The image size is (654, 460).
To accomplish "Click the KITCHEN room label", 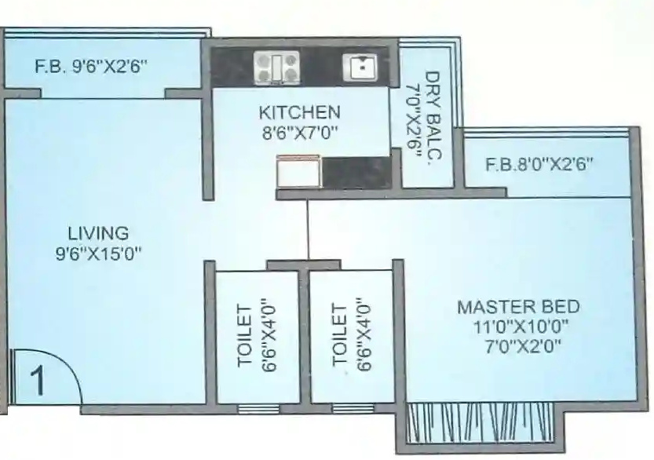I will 299,112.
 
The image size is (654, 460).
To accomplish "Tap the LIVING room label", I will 97,233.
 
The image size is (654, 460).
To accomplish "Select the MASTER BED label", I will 518,306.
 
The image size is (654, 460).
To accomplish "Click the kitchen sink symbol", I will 360,67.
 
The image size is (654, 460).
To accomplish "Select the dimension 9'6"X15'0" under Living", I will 97,253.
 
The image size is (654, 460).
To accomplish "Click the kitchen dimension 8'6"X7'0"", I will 299,133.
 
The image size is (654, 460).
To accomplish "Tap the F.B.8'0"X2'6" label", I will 539,165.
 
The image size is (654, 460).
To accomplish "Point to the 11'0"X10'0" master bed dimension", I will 518,326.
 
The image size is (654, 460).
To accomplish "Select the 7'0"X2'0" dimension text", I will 518,345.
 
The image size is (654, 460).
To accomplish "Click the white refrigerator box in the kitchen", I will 298,173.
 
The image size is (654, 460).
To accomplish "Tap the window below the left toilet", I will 253,408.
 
